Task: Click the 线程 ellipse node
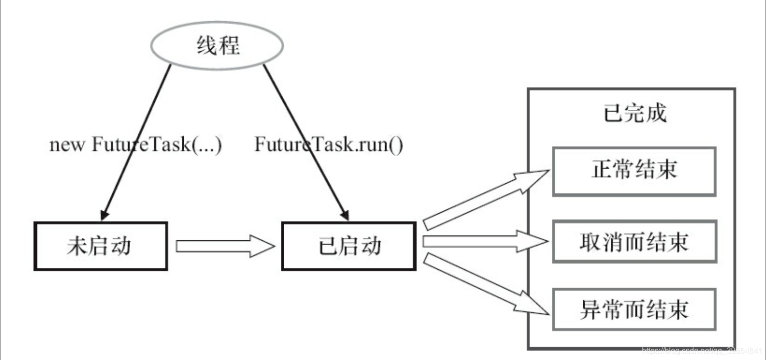217,45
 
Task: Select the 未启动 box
100,246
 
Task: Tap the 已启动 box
349,246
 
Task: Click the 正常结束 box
633,171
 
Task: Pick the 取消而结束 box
633,242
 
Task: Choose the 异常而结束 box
633,310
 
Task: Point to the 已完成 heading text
634,113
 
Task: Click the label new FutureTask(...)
136,146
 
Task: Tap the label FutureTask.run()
329,146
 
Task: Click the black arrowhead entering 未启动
104,215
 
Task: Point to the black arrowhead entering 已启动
345,215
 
